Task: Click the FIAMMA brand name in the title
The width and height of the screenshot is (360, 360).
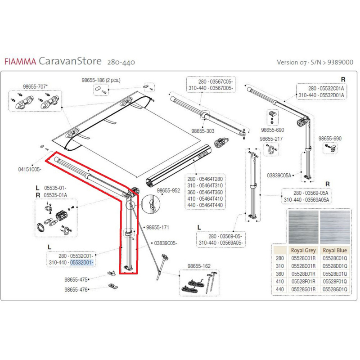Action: tap(20, 62)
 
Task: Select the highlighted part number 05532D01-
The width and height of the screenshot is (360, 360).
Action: tap(82, 262)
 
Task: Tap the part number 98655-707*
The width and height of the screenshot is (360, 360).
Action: tap(36, 86)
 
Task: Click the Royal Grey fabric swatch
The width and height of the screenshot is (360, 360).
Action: tap(303, 227)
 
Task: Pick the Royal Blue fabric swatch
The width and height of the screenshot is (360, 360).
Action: tap(335, 227)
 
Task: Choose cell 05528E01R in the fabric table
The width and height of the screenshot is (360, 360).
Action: tap(303, 274)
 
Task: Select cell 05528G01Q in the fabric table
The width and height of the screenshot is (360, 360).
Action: tap(335, 289)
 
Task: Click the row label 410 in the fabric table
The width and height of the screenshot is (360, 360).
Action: tap(280, 282)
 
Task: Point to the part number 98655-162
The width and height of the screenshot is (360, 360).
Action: tap(199, 266)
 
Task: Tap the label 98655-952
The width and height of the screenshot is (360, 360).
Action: tap(168, 190)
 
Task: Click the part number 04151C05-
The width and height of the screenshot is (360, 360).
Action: tap(30, 170)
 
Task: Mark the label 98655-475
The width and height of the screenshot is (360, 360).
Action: tap(76, 279)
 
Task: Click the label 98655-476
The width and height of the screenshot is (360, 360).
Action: tap(76, 290)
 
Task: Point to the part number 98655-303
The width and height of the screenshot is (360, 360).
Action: tap(203, 131)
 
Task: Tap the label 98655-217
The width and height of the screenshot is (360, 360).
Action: tap(271, 139)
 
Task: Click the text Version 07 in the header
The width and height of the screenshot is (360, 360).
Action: tap(291, 63)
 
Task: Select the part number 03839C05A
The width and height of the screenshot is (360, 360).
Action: tap(279, 175)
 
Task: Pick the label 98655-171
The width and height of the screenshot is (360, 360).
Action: tap(157, 227)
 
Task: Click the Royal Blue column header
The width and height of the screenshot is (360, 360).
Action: tap(335, 250)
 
